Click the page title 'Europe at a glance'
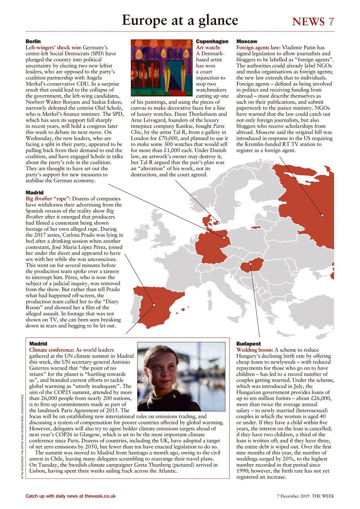click(x=180, y=20)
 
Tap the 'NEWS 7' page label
click(x=313, y=21)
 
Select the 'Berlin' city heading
click(x=33, y=41)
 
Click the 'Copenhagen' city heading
click(x=212, y=41)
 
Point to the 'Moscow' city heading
click(x=247, y=41)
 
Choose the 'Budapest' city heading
click(x=249, y=344)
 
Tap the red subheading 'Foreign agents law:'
click(x=259, y=47)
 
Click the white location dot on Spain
click(x=154, y=305)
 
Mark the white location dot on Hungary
click(x=251, y=264)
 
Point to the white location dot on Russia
click(x=322, y=216)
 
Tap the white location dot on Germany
click(x=224, y=238)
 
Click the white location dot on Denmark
click(x=218, y=223)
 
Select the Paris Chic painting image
click(x=163, y=68)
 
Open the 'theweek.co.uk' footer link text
click(x=98, y=496)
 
